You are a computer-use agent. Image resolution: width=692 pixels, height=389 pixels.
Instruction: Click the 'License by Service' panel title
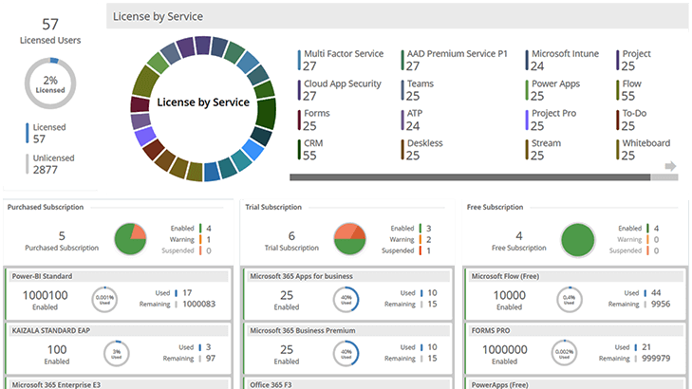click(x=158, y=17)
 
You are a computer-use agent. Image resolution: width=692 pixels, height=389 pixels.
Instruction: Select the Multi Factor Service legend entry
click(x=343, y=54)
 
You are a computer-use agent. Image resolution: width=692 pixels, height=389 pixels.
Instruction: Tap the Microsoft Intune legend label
click(x=565, y=54)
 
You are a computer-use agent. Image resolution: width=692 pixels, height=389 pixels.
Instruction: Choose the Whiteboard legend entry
click(x=645, y=143)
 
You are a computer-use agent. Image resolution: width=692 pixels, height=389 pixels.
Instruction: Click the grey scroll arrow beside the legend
click(x=671, y=167)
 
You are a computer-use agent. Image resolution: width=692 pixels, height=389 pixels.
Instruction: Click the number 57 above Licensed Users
click(x=50, y=23)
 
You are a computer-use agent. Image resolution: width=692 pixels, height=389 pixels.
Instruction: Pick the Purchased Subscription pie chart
click(x=130, y=239)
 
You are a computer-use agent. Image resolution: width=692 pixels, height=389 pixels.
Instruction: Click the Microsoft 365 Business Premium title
click(x=302, y=330)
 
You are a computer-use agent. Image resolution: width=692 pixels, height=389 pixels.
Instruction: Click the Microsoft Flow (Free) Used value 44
click(x=656, y=293)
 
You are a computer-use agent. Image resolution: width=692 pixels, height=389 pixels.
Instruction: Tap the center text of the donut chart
click(x=202, y=102)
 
